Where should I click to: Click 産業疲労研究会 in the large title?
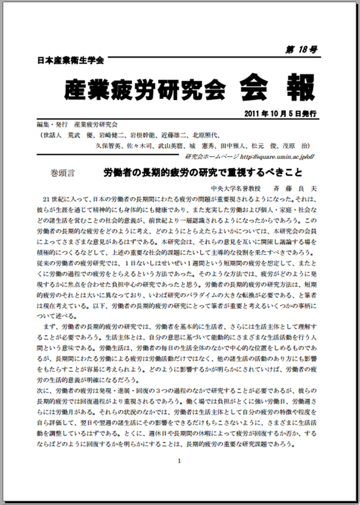[145, 90]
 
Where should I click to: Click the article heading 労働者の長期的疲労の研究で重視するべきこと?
[203, 173]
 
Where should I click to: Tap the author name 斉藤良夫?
[297, 187]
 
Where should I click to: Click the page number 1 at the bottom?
[179, 459]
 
